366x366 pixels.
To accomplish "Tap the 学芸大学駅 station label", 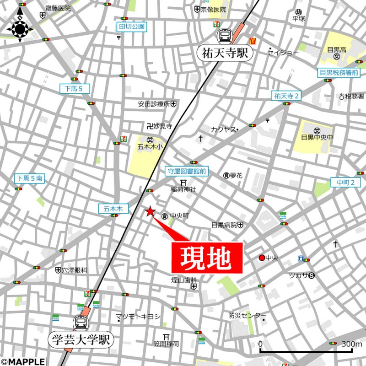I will tap(81, 339).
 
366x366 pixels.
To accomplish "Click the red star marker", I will tap(150, 211).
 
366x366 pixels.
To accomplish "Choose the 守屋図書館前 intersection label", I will tap(186, 172).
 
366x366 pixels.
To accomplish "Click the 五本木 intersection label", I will tap(111, 208).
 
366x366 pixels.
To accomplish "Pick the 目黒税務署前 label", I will tap(339, 72).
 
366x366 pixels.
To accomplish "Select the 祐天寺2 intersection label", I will tap(286, 96).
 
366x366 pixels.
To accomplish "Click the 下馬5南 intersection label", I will tap(30, 178).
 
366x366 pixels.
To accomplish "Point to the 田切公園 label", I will tap(132, 27).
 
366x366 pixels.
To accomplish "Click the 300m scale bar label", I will tap(351, 344).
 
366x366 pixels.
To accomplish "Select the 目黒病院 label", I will tap(224, 225).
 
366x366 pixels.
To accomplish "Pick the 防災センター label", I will tap(247, 316).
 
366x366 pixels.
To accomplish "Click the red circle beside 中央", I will tap(262, 258).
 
